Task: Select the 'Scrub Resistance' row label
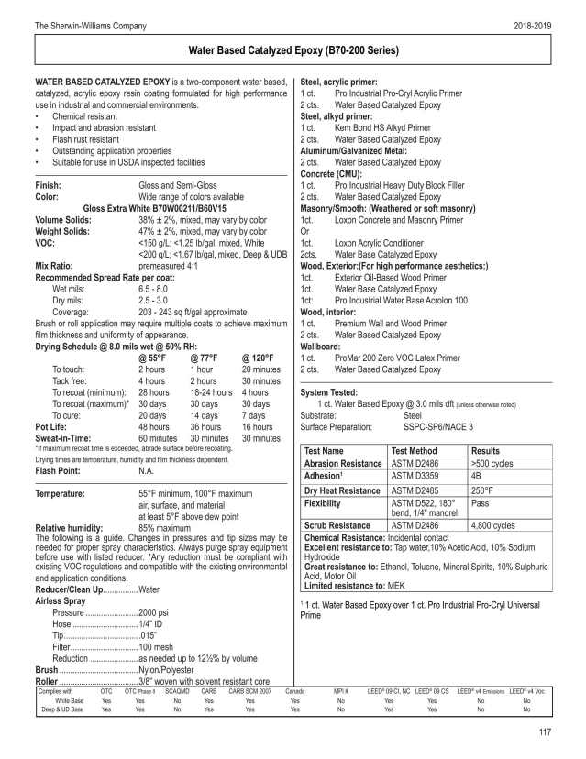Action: coord(340,524)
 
